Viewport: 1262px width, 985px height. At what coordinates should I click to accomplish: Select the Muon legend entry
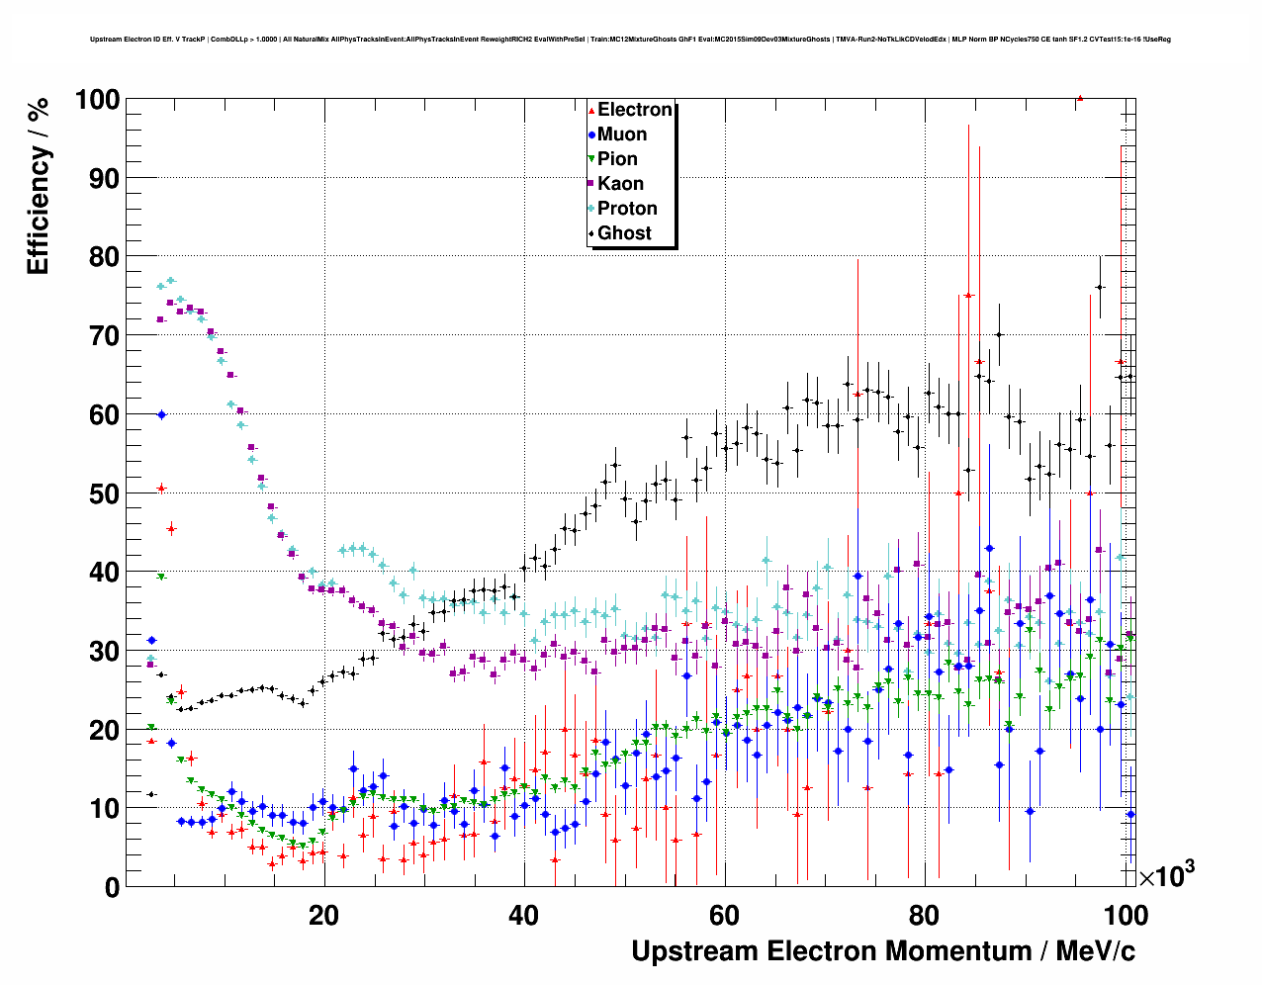pyautogui.click(x=621, y=134)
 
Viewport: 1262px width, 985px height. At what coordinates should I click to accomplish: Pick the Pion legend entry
pyautogui.click(x=617, y=159)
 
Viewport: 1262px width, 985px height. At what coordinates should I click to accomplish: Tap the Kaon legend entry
pyautogui.click(x=620, y=184)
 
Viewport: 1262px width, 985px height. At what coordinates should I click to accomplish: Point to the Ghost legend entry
pyautogui.click(x=624, y=233)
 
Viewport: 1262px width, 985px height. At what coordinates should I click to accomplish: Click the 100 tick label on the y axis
pyautogui.click(x=97, y=100)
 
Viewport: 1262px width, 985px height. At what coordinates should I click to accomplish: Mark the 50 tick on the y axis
pyautogui.click(x=104, y=493)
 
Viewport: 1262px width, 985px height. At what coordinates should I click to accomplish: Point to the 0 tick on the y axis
pyautogui.click(x=112, y=887)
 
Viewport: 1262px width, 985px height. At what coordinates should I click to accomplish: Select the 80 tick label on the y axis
pyautogui.click(x=104, y=257)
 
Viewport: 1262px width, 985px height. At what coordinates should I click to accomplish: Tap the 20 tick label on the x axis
pyautogui.click(x=323, y=915)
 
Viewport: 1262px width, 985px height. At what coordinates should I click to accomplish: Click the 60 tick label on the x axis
pyautogui.click(x=724, y=915)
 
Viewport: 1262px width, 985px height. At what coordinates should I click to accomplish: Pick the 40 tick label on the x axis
pyautogui.click(x=524, y=915)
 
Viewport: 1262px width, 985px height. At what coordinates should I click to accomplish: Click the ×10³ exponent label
pyautogui.click(x=1166, y=876)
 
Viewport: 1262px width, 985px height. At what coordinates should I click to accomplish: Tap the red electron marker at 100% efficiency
pyautogui.click(x=1080, y=99)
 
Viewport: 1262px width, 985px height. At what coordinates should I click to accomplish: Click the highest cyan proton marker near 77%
pyautogui.click(x=171, y=281)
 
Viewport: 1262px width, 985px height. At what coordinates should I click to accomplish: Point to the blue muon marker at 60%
pyautogui.click(x=161, y=415)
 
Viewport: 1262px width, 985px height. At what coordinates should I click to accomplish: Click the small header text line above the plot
pyautogui.click(x=630, y=40)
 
